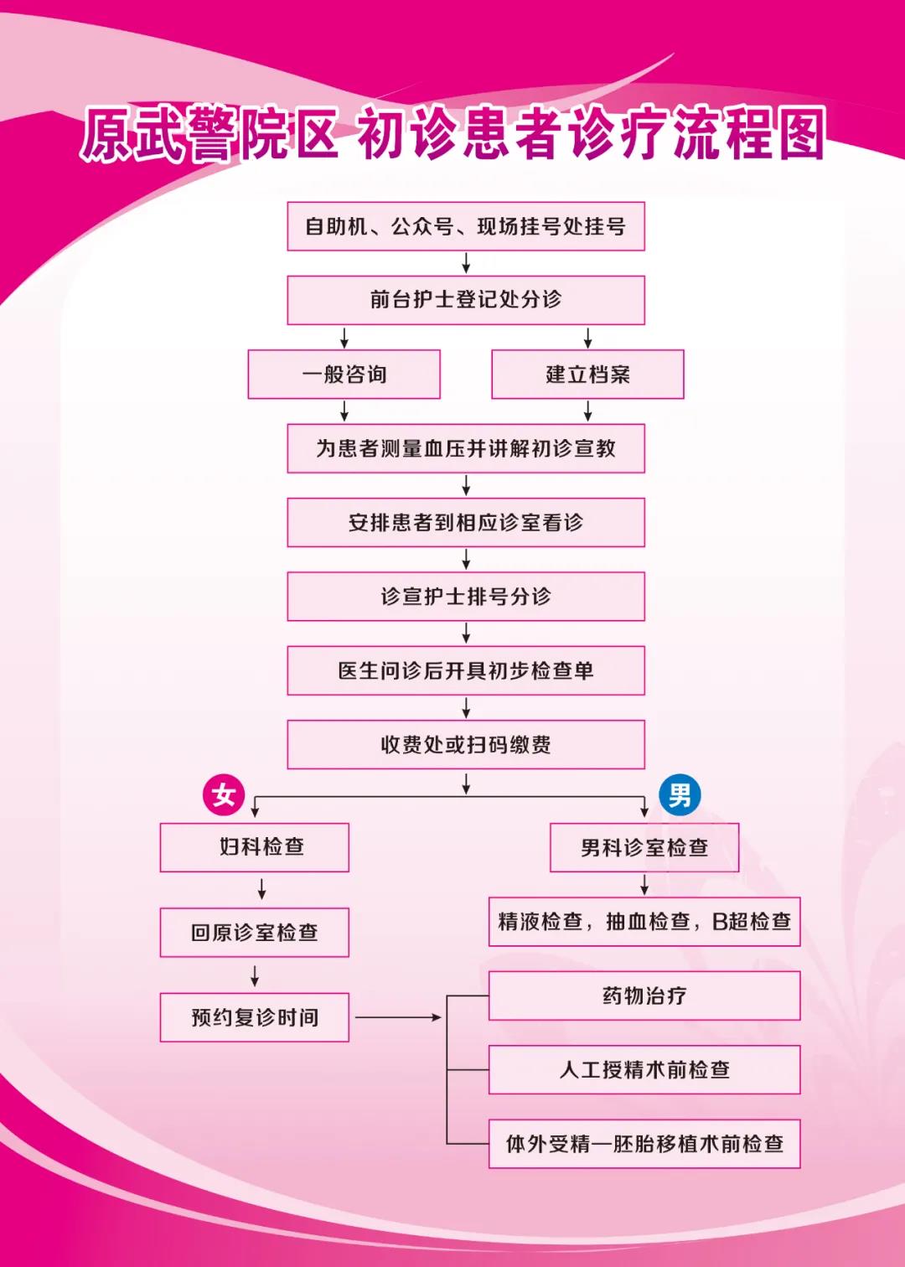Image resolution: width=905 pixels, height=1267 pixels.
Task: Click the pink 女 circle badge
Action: click(224, 794)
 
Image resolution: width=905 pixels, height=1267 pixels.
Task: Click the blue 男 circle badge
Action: click(680, 794)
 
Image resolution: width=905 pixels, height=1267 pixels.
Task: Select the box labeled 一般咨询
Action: click(344, 374)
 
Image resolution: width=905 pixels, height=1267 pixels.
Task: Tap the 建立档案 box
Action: click(587, 374)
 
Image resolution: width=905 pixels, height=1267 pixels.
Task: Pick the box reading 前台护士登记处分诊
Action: click(466, 300)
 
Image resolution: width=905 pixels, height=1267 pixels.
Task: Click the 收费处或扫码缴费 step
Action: click(466, 744)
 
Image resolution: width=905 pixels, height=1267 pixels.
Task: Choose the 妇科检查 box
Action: click(255, 847)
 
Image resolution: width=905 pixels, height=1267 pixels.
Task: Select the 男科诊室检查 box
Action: click(644, 847)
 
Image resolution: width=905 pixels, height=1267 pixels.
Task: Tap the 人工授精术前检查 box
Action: click(644, 1069)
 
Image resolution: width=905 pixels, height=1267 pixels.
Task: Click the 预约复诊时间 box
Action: click(255, 1017)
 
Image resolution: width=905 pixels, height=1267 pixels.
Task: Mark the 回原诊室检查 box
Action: click(255, 932)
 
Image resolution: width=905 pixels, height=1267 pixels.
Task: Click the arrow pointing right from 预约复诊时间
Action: click(398, 1017)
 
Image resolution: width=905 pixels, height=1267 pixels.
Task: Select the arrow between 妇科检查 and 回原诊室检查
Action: click(262, 889)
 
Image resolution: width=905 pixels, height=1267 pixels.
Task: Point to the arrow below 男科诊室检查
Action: click(644, 885)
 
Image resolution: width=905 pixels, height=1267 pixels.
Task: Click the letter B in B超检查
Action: click(720, 922)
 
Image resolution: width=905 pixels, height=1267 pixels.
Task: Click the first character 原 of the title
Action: click(107, 133)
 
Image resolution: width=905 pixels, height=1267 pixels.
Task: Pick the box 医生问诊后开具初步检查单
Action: click(466, 670)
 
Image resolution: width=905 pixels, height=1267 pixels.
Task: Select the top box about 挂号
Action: click(466, 226)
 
